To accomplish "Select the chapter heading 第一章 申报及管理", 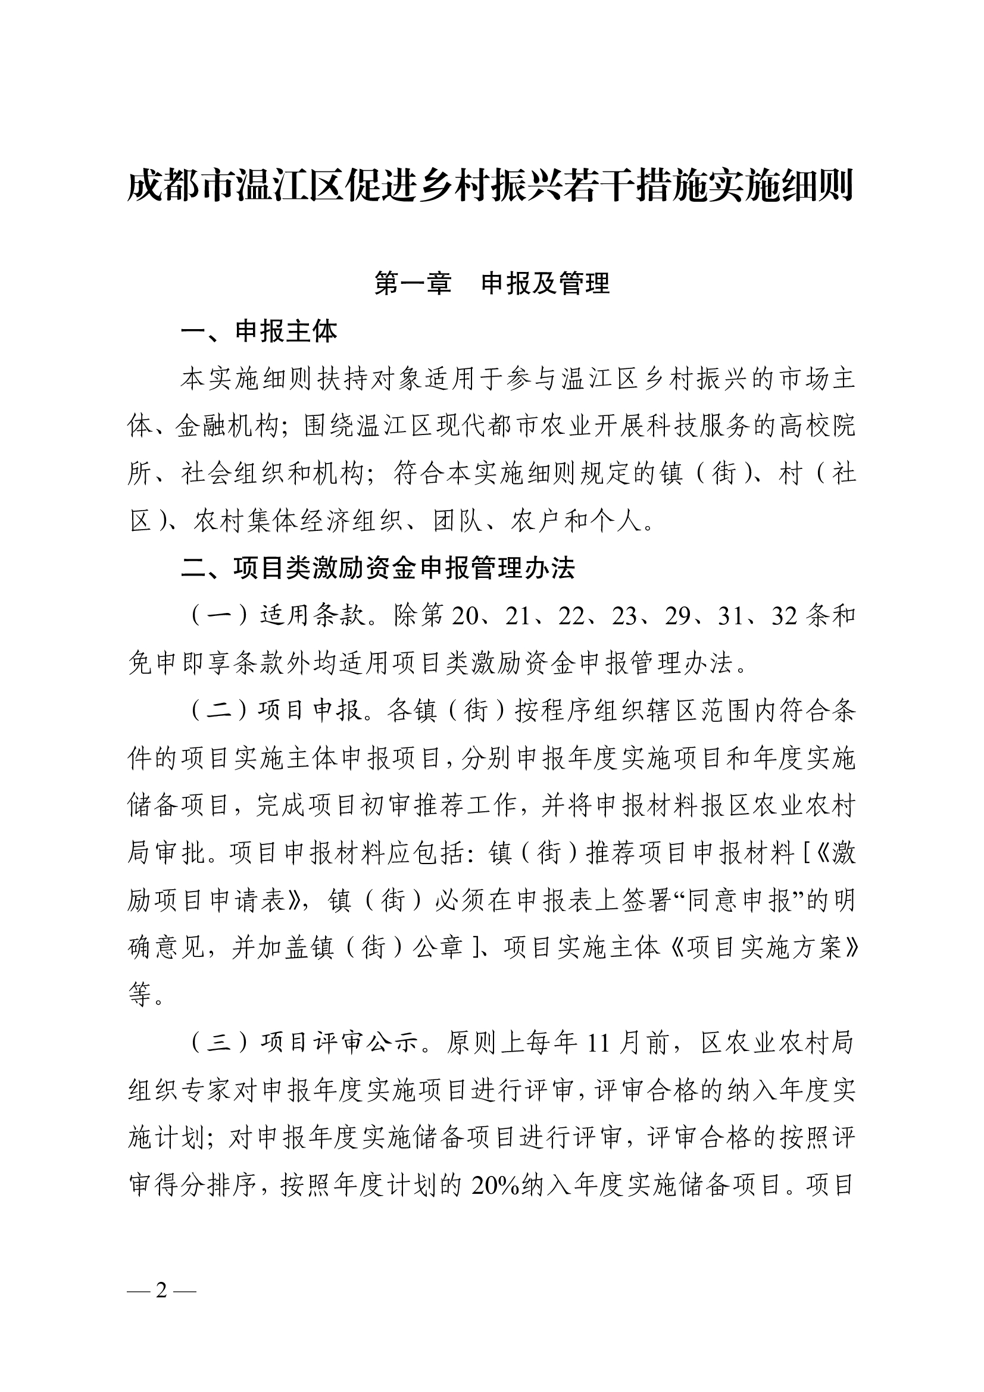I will click(x=492, y=283).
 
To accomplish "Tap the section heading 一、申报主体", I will click(x=260, y=331).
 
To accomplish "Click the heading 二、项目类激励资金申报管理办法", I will click(x=379, y=568).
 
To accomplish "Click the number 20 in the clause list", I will click(x=465, y=616).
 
